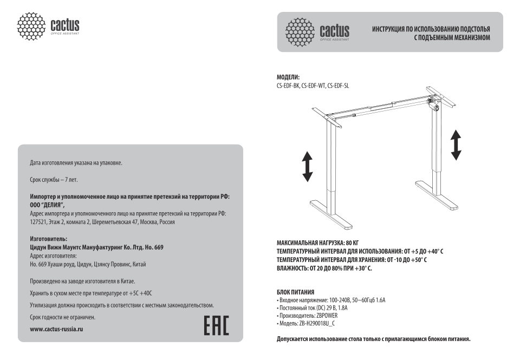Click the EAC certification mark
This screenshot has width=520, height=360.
tap(216, 323)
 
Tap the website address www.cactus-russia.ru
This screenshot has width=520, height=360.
tap(57, 329)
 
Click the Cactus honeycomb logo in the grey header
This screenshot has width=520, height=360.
tap(301, 32)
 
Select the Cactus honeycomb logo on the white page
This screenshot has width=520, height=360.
tap(32, 25)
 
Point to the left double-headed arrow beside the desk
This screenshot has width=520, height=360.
tap(307, 166)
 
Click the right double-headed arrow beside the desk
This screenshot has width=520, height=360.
tap(456, 145)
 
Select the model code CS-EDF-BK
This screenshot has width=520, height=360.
tap(288, 86)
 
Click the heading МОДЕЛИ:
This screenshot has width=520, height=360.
tap(288, 77)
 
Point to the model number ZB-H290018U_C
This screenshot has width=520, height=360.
tap(316, 323)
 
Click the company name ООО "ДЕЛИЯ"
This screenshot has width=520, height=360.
tap(48, 205)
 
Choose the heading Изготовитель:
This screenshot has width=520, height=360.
tap(49, 239)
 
